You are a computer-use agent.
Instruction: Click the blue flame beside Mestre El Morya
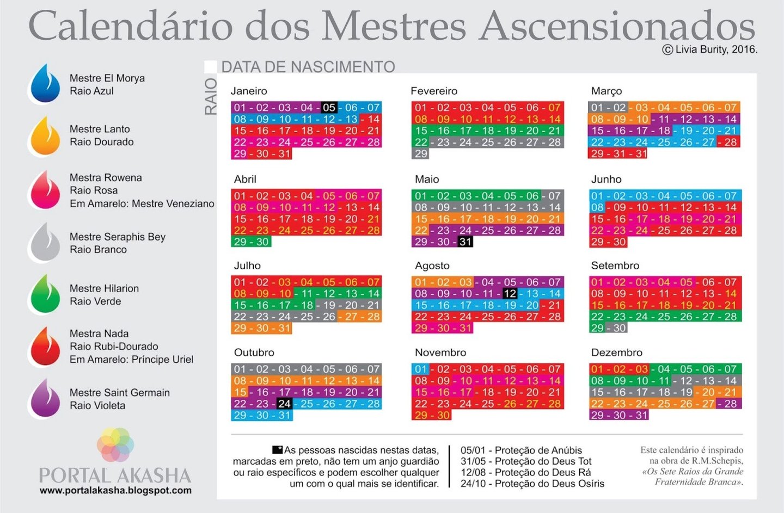pos(45,85)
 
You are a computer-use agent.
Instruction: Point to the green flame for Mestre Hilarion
pos(45,295)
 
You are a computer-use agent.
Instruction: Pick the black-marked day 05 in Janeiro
pos(329,108)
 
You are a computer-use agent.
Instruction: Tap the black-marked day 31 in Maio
pos(465,242)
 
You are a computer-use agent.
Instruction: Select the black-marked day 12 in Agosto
pos(510,294)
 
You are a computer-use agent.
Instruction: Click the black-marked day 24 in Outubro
pos(284,404)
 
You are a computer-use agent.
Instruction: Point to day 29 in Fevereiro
pos(421,153)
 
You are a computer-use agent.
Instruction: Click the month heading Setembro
pos(615,265)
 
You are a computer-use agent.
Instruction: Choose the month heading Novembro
pos(440,353)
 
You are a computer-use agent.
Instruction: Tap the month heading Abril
pos(245,179)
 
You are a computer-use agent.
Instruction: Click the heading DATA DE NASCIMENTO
pos(308,67)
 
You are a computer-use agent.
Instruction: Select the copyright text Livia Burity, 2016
pos(709,50)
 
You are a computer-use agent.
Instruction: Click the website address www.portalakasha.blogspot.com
pos(115,490)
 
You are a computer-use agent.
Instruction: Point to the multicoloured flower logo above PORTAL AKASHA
pos(115,444)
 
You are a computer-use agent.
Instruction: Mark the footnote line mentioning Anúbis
pos(521,450)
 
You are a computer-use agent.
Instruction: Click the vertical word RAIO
pos(211,96)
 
